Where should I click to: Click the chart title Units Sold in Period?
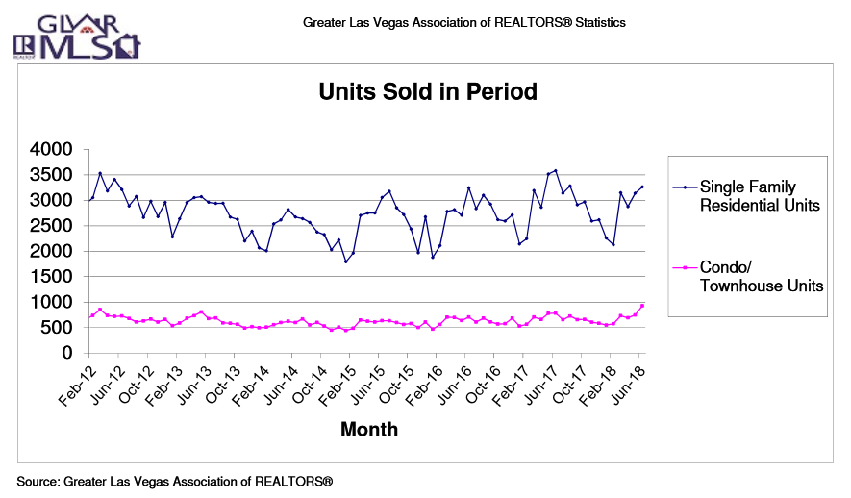(x=427, y=92)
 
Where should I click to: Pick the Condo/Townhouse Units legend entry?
(x=761, y=276)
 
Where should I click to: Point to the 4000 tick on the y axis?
(x=52, y=150)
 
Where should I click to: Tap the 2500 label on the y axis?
(x=52, y=226)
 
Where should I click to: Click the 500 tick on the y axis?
(x=58, y=328)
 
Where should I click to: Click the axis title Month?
(x=368, y=429)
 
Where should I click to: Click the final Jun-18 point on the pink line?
(x=642, y=306)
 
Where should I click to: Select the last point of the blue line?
(x=642, y=187)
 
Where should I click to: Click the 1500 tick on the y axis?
(x=52, y=277)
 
